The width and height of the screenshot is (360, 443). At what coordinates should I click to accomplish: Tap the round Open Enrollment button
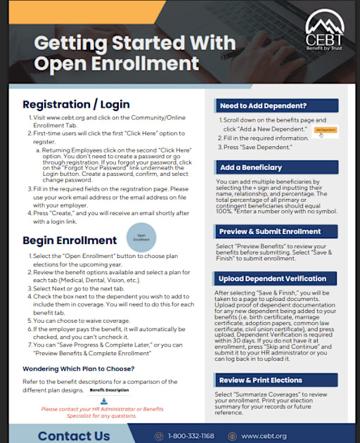coord(141,238)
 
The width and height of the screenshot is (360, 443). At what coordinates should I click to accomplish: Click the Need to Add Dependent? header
coord(276,105)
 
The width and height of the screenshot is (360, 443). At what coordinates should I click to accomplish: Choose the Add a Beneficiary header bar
coord(276,167)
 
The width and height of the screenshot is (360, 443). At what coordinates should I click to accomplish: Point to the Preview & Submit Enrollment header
coord(276,231)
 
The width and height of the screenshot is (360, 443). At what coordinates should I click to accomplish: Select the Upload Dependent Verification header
coord(276,279)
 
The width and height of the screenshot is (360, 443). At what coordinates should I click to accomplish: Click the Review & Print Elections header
coord(276,380)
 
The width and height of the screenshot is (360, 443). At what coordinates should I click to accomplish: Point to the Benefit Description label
coord(109,389)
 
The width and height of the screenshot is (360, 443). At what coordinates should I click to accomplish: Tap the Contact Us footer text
coord(74,436)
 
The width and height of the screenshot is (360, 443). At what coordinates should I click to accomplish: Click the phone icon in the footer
coord(159,436)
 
